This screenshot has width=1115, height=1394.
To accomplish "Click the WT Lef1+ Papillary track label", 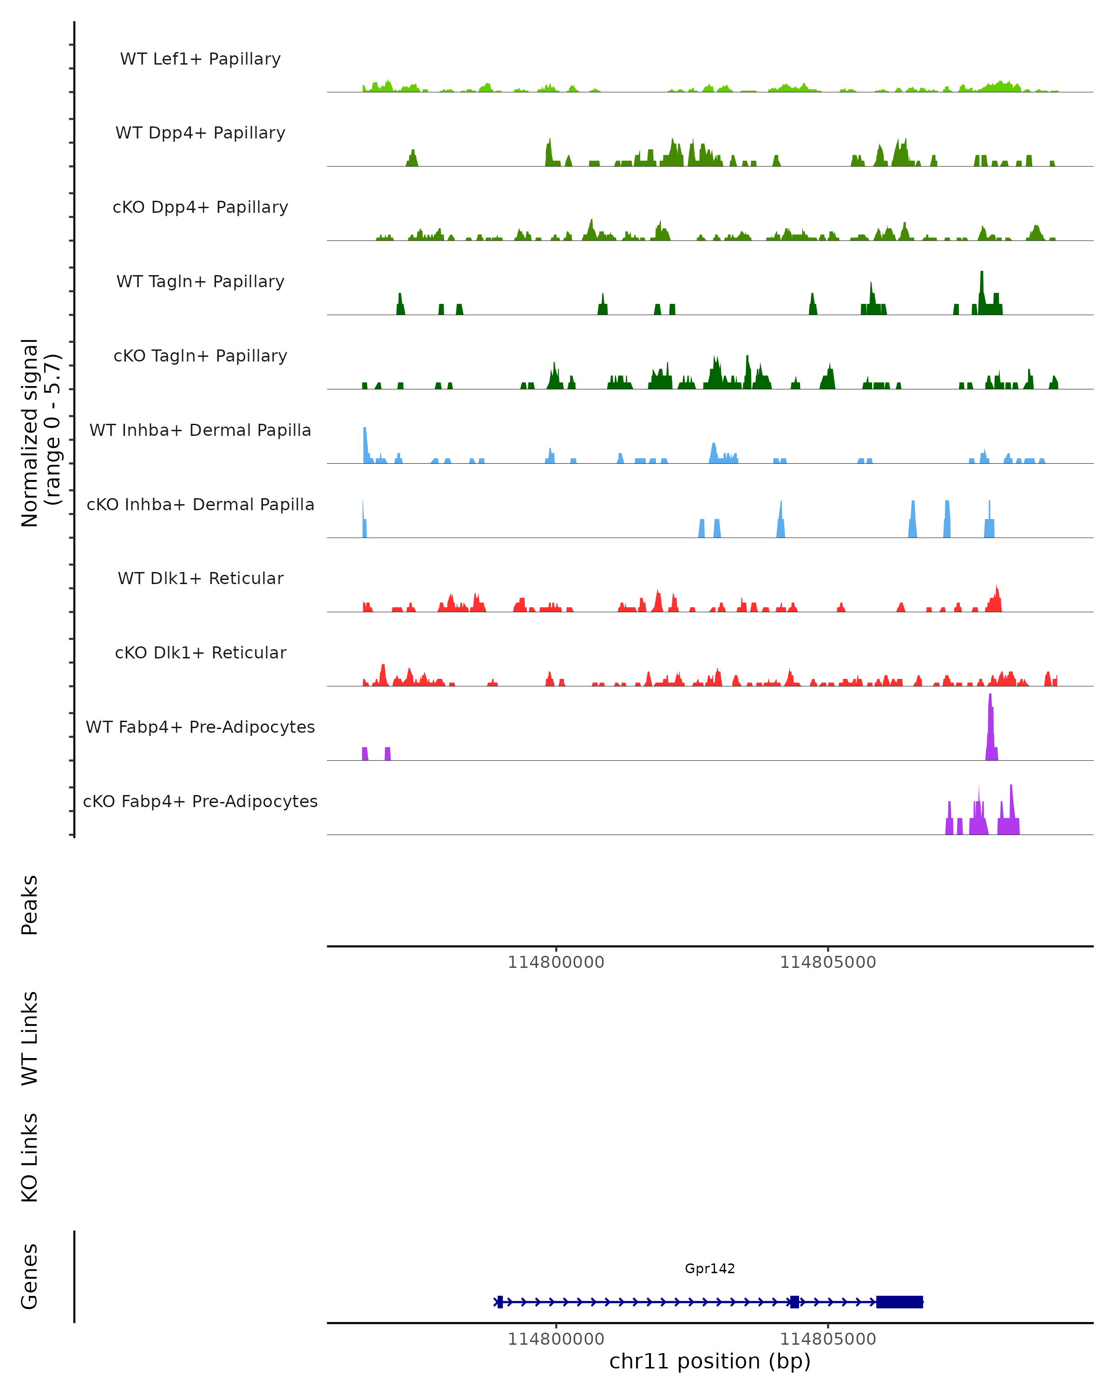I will click(200, 59).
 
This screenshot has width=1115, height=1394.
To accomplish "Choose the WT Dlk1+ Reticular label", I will click(200, 578).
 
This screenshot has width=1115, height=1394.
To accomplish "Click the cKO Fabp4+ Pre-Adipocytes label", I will click(200, 801).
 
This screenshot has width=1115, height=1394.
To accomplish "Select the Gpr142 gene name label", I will click(710, 1269).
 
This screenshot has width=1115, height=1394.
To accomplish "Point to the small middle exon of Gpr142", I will click(794, 1302).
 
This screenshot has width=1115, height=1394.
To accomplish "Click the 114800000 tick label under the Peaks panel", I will click(556, 962).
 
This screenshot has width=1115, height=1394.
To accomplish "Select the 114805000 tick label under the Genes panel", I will click(828, 1339).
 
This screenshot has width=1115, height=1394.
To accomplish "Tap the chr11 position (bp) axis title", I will click(710, 1361).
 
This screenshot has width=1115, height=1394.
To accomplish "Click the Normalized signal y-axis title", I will click(40, 432).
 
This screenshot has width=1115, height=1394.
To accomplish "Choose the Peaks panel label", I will click(30, 905).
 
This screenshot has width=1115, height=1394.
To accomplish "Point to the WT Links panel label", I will click(30, 1039).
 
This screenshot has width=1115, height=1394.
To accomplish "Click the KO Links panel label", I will click(30, 1157).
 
